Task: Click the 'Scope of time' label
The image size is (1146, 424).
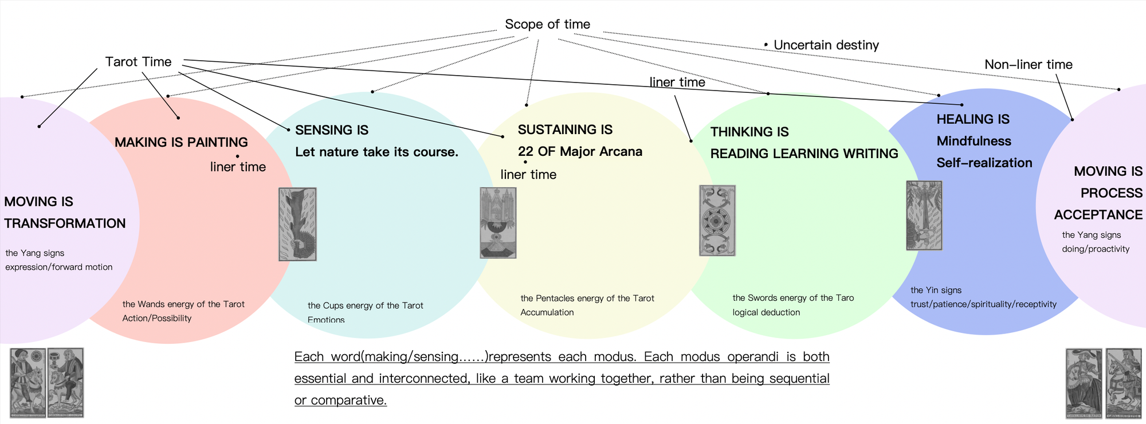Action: point(547,25)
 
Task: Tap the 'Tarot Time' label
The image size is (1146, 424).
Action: point(138,62)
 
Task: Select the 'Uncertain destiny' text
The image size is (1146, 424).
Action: point(826,45)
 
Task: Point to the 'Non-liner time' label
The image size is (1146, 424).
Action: point(1028,65)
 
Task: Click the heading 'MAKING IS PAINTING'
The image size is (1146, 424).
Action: point(181,142)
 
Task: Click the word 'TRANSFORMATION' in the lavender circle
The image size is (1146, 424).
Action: point(65,223)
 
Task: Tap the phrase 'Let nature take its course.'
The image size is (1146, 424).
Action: point(376,152)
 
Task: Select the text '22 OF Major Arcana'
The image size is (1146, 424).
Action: point(580,151)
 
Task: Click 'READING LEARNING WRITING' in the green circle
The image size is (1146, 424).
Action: point(804,154)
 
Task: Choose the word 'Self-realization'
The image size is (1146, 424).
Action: point(984,163)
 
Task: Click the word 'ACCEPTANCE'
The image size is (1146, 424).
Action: point(1098,215)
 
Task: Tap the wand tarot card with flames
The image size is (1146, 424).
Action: point(297,224)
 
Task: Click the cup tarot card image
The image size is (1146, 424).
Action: point(498,223)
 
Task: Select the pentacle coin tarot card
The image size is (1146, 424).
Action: point(717,221)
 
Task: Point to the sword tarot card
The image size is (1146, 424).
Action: point(924,215)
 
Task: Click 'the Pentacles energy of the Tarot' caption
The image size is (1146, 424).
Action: point(587,298)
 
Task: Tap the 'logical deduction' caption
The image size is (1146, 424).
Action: point(766,312)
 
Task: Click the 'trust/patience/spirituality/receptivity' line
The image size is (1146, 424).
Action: point(983,304)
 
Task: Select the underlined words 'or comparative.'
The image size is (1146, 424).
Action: point(340,400)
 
